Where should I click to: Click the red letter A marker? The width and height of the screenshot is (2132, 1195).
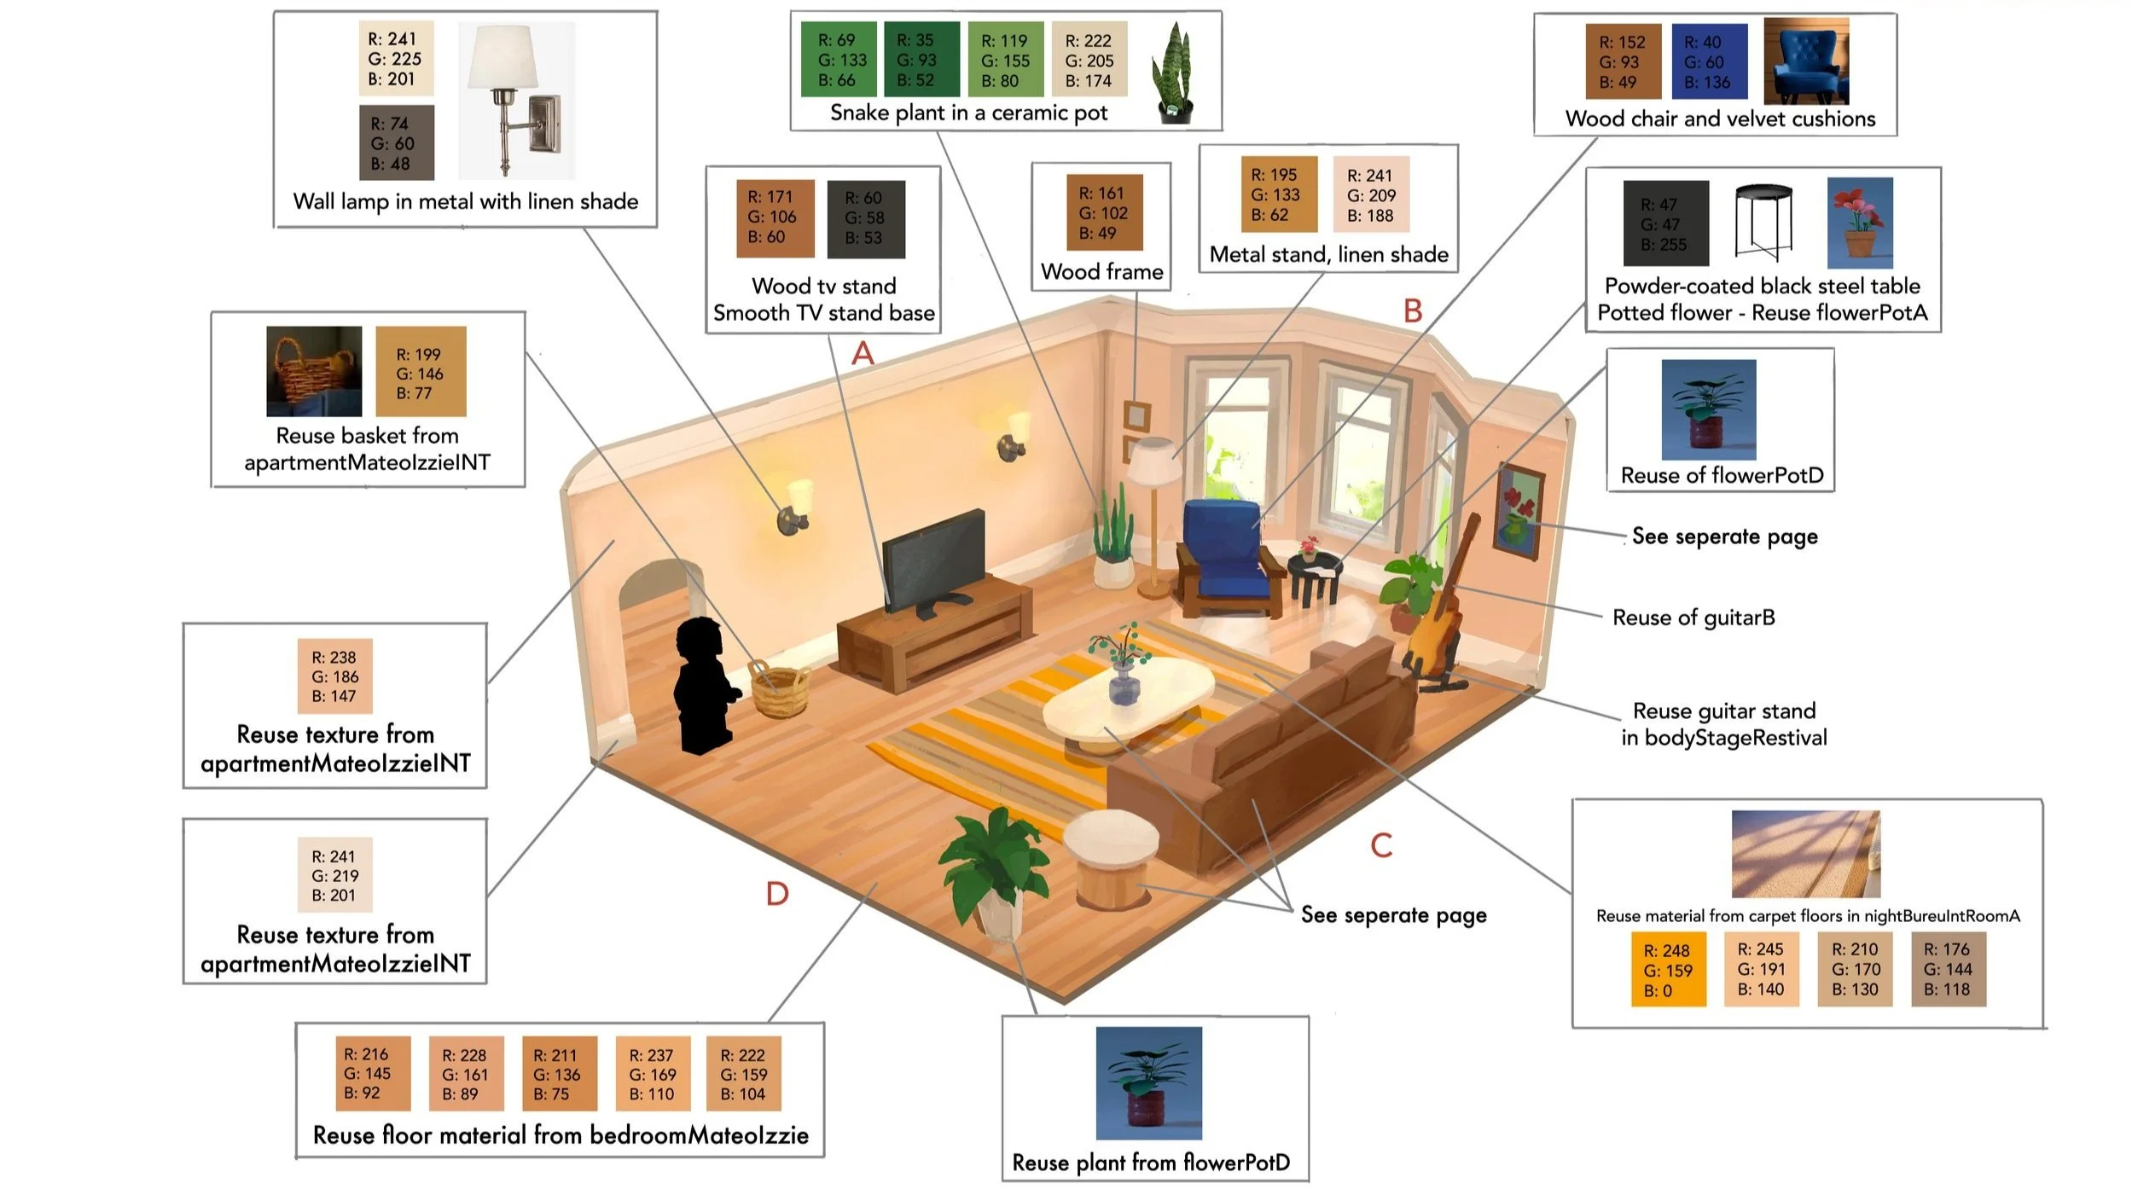[863, 353]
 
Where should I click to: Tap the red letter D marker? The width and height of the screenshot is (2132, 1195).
[777, 894]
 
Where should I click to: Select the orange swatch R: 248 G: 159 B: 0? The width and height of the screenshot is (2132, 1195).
[1668, 970]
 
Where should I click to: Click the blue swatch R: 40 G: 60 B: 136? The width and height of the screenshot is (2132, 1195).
[1709, 62]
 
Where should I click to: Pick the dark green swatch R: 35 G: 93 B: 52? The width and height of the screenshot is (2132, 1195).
[921, 60]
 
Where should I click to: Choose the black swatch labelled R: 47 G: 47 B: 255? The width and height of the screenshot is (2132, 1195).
[1665, 224]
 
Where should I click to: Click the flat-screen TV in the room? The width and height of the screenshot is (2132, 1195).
[934, 559]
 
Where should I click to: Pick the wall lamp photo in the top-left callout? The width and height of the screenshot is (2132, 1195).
[515, 100]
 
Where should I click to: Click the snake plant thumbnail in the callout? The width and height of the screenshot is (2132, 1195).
[1173, 73]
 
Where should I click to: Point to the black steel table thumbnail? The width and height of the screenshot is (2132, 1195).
[1764, 222]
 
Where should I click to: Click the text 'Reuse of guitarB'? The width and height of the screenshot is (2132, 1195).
[1693, 618]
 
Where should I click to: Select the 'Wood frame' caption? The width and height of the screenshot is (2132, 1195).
[1101, 272]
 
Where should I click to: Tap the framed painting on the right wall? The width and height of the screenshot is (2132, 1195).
[1519, 512]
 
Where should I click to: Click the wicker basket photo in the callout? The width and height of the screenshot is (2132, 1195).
[313, 371]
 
